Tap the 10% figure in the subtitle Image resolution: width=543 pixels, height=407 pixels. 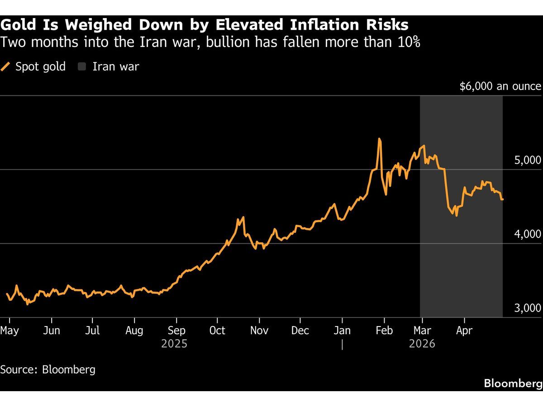pos(408,43)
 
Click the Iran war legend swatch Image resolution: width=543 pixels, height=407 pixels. pos(82,67)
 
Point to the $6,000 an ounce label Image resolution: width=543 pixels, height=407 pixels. pos(500,86)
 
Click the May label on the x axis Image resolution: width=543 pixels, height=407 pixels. pos(10,331)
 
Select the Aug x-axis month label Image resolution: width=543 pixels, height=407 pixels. pos(134,331)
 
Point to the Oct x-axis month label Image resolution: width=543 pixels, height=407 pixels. pos(217,331)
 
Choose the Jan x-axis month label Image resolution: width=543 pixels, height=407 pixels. pos(343,331)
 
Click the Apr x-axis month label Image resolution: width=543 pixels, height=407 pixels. pos(464,331)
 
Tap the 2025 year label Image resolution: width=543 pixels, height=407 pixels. pos(174,344)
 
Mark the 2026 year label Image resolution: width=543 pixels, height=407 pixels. pos(422,344)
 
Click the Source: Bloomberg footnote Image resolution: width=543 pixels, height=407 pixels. pos(48,369)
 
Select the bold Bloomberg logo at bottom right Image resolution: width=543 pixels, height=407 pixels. pos(513,383)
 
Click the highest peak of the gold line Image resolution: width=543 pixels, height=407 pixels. pos(379,139)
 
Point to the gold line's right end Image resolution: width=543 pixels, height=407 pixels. pos(502,199)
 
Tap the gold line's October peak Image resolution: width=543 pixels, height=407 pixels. pos(243,218)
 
